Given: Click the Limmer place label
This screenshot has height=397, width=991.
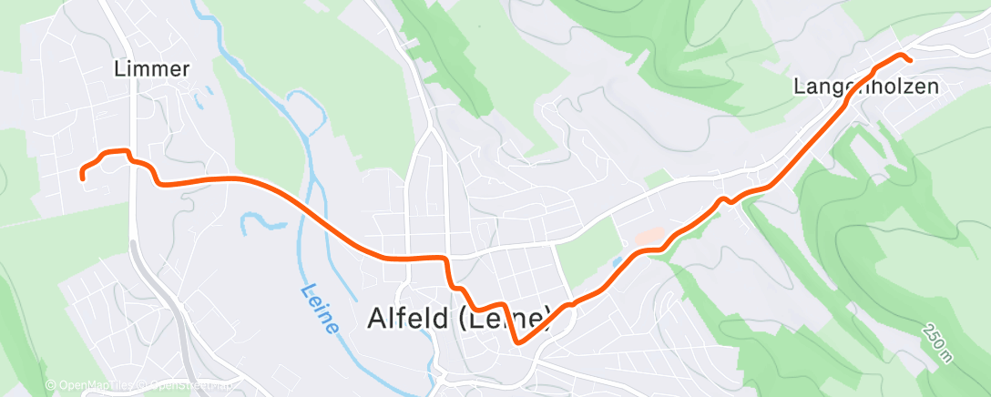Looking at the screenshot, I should [153, 69].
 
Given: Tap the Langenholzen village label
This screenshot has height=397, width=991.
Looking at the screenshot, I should [865, 87].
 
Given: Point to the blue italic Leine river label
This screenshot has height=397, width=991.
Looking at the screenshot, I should [319, 308].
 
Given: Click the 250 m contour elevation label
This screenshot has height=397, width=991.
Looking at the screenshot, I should [935, 342].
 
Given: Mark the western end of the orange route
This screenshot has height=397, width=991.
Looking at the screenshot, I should [83, 178].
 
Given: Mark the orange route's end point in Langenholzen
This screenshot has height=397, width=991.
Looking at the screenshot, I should [910, 60].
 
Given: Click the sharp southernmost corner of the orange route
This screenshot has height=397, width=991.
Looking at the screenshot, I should [517, 343].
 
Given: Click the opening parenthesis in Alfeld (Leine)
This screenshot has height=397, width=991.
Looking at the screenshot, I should [454, 319].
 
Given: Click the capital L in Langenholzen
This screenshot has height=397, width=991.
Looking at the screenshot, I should [799, 87].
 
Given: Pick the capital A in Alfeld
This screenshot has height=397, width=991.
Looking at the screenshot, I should [376, 319].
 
